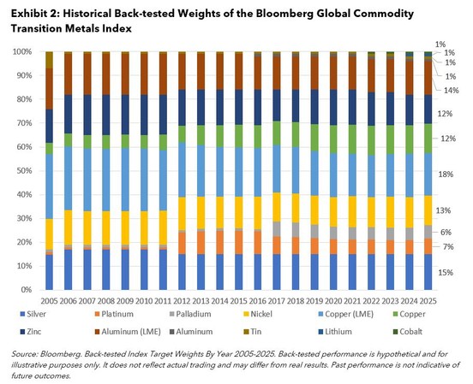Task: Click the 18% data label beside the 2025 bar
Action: pos(444,174)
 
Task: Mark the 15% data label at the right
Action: pos(444,272)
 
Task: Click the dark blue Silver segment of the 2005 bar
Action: pos(50,272)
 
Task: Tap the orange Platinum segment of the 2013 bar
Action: pos(200,243)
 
